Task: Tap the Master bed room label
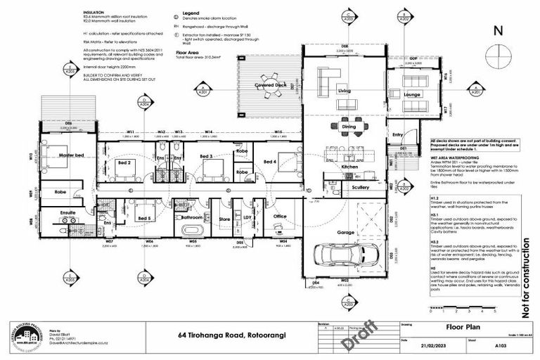point(72,155)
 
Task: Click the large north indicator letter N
point(498,30)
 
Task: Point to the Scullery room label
point(361,188)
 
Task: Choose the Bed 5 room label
point(144,219)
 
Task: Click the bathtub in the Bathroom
point(192,230)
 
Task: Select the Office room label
point(280,216)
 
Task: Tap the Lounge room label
point(411,94)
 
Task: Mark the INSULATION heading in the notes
point(93,12)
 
